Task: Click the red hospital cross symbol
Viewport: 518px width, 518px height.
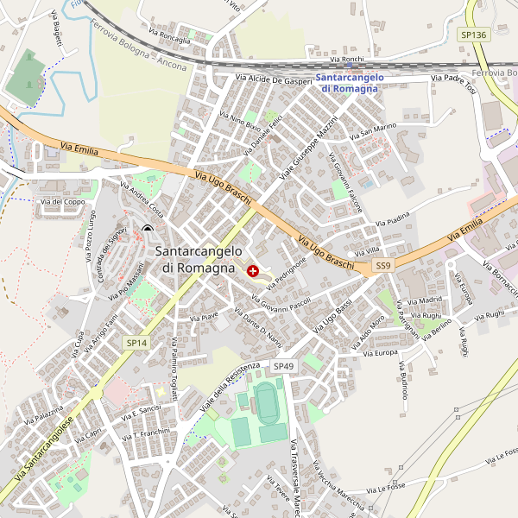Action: coord(253,271)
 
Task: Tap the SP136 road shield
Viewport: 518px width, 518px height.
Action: coord(473,35)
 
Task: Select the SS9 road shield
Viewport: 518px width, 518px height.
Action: coord(383,266)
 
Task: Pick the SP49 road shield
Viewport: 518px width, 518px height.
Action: coord(283,367)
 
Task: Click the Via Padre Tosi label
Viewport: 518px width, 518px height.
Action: coord(453,84)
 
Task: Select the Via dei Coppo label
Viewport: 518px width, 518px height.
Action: coord(63,202)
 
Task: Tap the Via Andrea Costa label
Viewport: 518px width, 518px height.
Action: coord(142,199)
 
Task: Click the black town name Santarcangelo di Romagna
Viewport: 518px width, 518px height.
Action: coord(199,259)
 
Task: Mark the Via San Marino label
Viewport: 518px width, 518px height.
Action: coord(373,132)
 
